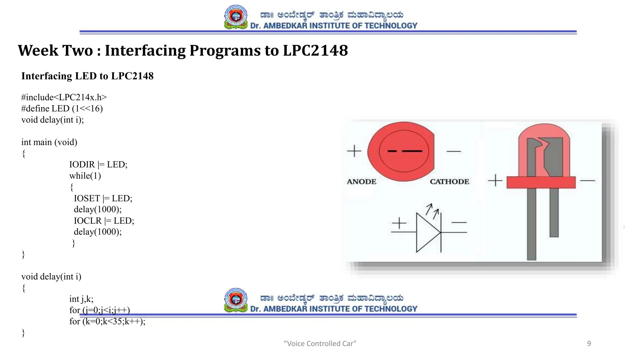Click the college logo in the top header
click(236, 17)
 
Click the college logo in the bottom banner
click(236, 300)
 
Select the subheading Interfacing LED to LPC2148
click(87, 76)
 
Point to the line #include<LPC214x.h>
click(64, 97)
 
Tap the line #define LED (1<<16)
click(62, 108)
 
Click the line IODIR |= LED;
click(98, 164)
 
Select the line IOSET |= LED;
click(103, 198)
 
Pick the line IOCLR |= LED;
click(104, 221)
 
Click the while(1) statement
click(85, 176)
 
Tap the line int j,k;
click(81, 299)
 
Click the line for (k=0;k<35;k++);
click(107, 321)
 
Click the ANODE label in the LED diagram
click(362, 182)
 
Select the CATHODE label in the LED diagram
click(449, 182)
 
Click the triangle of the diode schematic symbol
click(427, 232)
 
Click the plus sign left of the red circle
click(354, 151)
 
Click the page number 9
click(589, 343)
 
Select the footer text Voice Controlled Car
click(320, 343)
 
